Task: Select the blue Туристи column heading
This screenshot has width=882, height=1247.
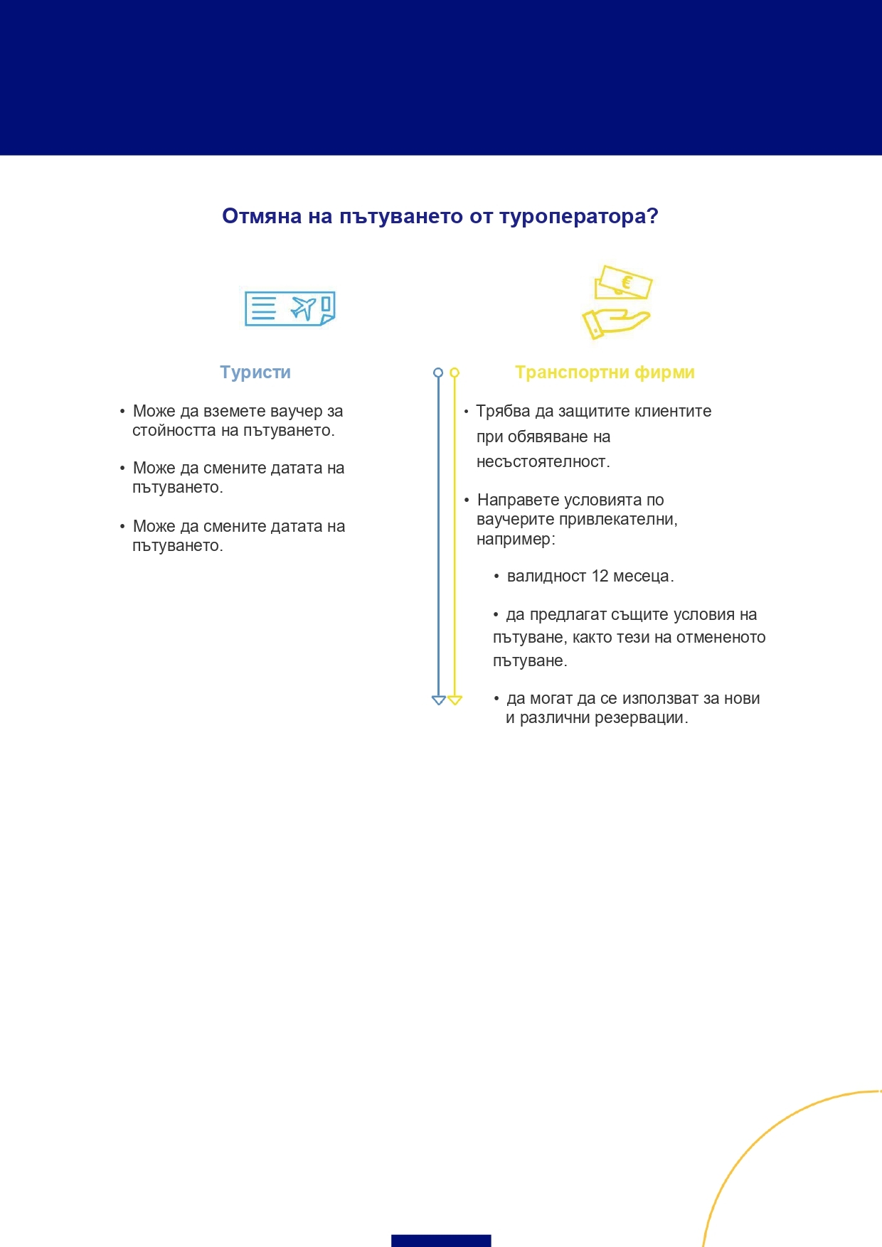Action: click(255, 373)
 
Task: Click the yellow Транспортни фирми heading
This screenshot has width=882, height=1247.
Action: click(605, 373)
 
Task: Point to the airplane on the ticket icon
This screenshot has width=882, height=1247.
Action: click(304, 309)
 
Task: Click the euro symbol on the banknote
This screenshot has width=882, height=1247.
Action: click(627, 283)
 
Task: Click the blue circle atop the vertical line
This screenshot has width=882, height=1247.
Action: click(438, 373)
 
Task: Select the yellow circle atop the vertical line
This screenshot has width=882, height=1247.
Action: click(455, 373)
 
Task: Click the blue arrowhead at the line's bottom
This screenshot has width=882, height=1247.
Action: click(438, 700)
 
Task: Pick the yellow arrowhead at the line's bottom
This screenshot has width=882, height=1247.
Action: click(455, 700)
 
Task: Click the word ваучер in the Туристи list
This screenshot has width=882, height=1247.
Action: click(297, 411)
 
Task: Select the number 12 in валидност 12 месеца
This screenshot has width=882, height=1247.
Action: click(600, 576)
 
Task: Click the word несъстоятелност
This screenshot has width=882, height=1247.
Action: click(543, 462)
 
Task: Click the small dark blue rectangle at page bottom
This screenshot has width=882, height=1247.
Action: click(441, 1241)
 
